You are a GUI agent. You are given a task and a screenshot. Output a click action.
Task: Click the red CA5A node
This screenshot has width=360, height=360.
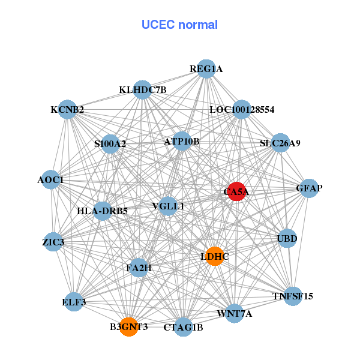tap(236, 191)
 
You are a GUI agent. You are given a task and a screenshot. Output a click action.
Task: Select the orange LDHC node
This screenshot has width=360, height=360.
tap(214, 256)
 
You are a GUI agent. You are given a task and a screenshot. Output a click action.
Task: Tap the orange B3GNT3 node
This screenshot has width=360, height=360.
tap(128, 327)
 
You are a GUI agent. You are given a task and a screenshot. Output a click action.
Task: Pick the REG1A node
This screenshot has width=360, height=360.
tap(206, 69)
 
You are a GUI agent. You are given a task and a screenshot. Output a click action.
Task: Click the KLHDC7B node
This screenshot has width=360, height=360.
tap(142, 90)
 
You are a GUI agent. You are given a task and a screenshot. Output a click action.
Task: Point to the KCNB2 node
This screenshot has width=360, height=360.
tap(67, 110)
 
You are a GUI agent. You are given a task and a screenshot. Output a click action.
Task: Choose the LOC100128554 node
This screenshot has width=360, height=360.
tap(242, 110)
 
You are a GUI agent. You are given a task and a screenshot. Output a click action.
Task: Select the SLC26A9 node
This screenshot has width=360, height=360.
tap(280, 143)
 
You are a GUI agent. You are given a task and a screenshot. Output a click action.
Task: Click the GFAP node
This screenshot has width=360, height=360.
tap(309, 188)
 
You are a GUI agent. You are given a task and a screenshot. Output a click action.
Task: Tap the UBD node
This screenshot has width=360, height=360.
tap(287, 239)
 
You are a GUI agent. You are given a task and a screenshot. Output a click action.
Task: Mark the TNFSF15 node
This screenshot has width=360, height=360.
tap(292, 296)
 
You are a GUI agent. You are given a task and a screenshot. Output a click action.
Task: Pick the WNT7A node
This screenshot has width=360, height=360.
tap(235, 313)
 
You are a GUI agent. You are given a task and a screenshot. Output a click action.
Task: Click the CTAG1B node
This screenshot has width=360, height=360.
tap(184, 327)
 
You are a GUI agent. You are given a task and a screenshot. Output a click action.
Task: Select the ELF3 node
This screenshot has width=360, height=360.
tap(74, 302)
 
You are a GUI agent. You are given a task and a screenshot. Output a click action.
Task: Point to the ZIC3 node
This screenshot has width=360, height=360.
tap(53, 242)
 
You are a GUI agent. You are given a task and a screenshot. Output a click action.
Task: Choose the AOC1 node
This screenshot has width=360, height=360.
tap(50, 180)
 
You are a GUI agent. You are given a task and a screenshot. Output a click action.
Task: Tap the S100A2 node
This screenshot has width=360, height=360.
tap(110, 144)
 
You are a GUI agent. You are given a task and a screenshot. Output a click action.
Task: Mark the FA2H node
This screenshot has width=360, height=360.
tap(138, 268)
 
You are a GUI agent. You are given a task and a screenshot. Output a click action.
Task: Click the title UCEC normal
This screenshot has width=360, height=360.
tap(179, 25)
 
